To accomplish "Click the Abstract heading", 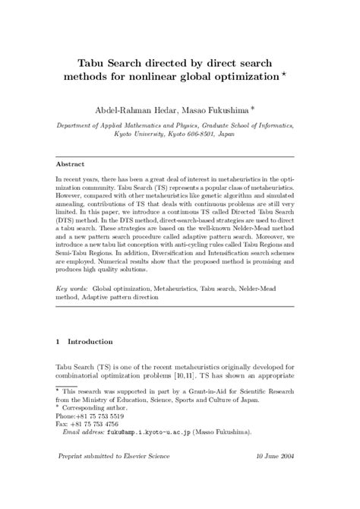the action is tap(72, 163).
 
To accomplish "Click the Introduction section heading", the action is tap(91, 342).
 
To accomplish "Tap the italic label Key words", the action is tap(74, 289).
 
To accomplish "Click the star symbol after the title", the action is tap(285, 74).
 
